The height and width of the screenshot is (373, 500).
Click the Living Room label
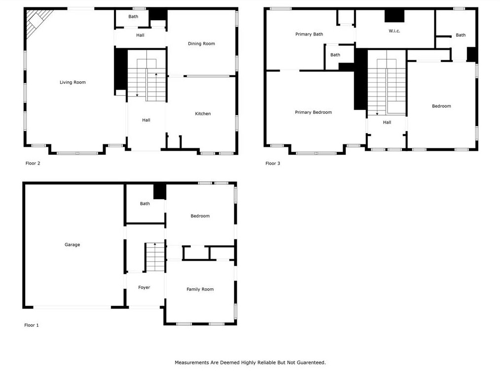tap(72, 82)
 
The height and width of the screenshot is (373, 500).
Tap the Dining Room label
tap(201, 44)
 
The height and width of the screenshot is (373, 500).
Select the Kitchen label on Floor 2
tap(203, 113)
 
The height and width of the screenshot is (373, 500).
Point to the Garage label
tap(72, 244)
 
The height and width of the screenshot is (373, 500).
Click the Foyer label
tap(144, 287)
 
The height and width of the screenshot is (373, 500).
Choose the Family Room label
tap(200, 289)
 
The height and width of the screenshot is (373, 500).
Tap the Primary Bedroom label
tap(313, 112)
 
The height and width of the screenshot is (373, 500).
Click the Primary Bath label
tap(309, 34)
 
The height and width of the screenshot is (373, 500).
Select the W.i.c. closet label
tap(394, 31)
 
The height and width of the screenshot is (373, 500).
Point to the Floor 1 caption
tap(31, 325)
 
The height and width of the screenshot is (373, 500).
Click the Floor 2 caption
tap(33, 163)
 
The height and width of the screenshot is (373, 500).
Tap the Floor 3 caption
tap(273, 163)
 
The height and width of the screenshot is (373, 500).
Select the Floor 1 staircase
tap(155, 257)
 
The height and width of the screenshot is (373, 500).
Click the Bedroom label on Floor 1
tap(200, 216)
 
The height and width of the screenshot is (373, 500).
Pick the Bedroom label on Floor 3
tap(441, 106)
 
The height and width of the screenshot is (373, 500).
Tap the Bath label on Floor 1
tap(145, 203)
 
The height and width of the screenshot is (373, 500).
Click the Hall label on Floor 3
tap(387, 122)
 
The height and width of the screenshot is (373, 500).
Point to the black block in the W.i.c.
tap(394, 16)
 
